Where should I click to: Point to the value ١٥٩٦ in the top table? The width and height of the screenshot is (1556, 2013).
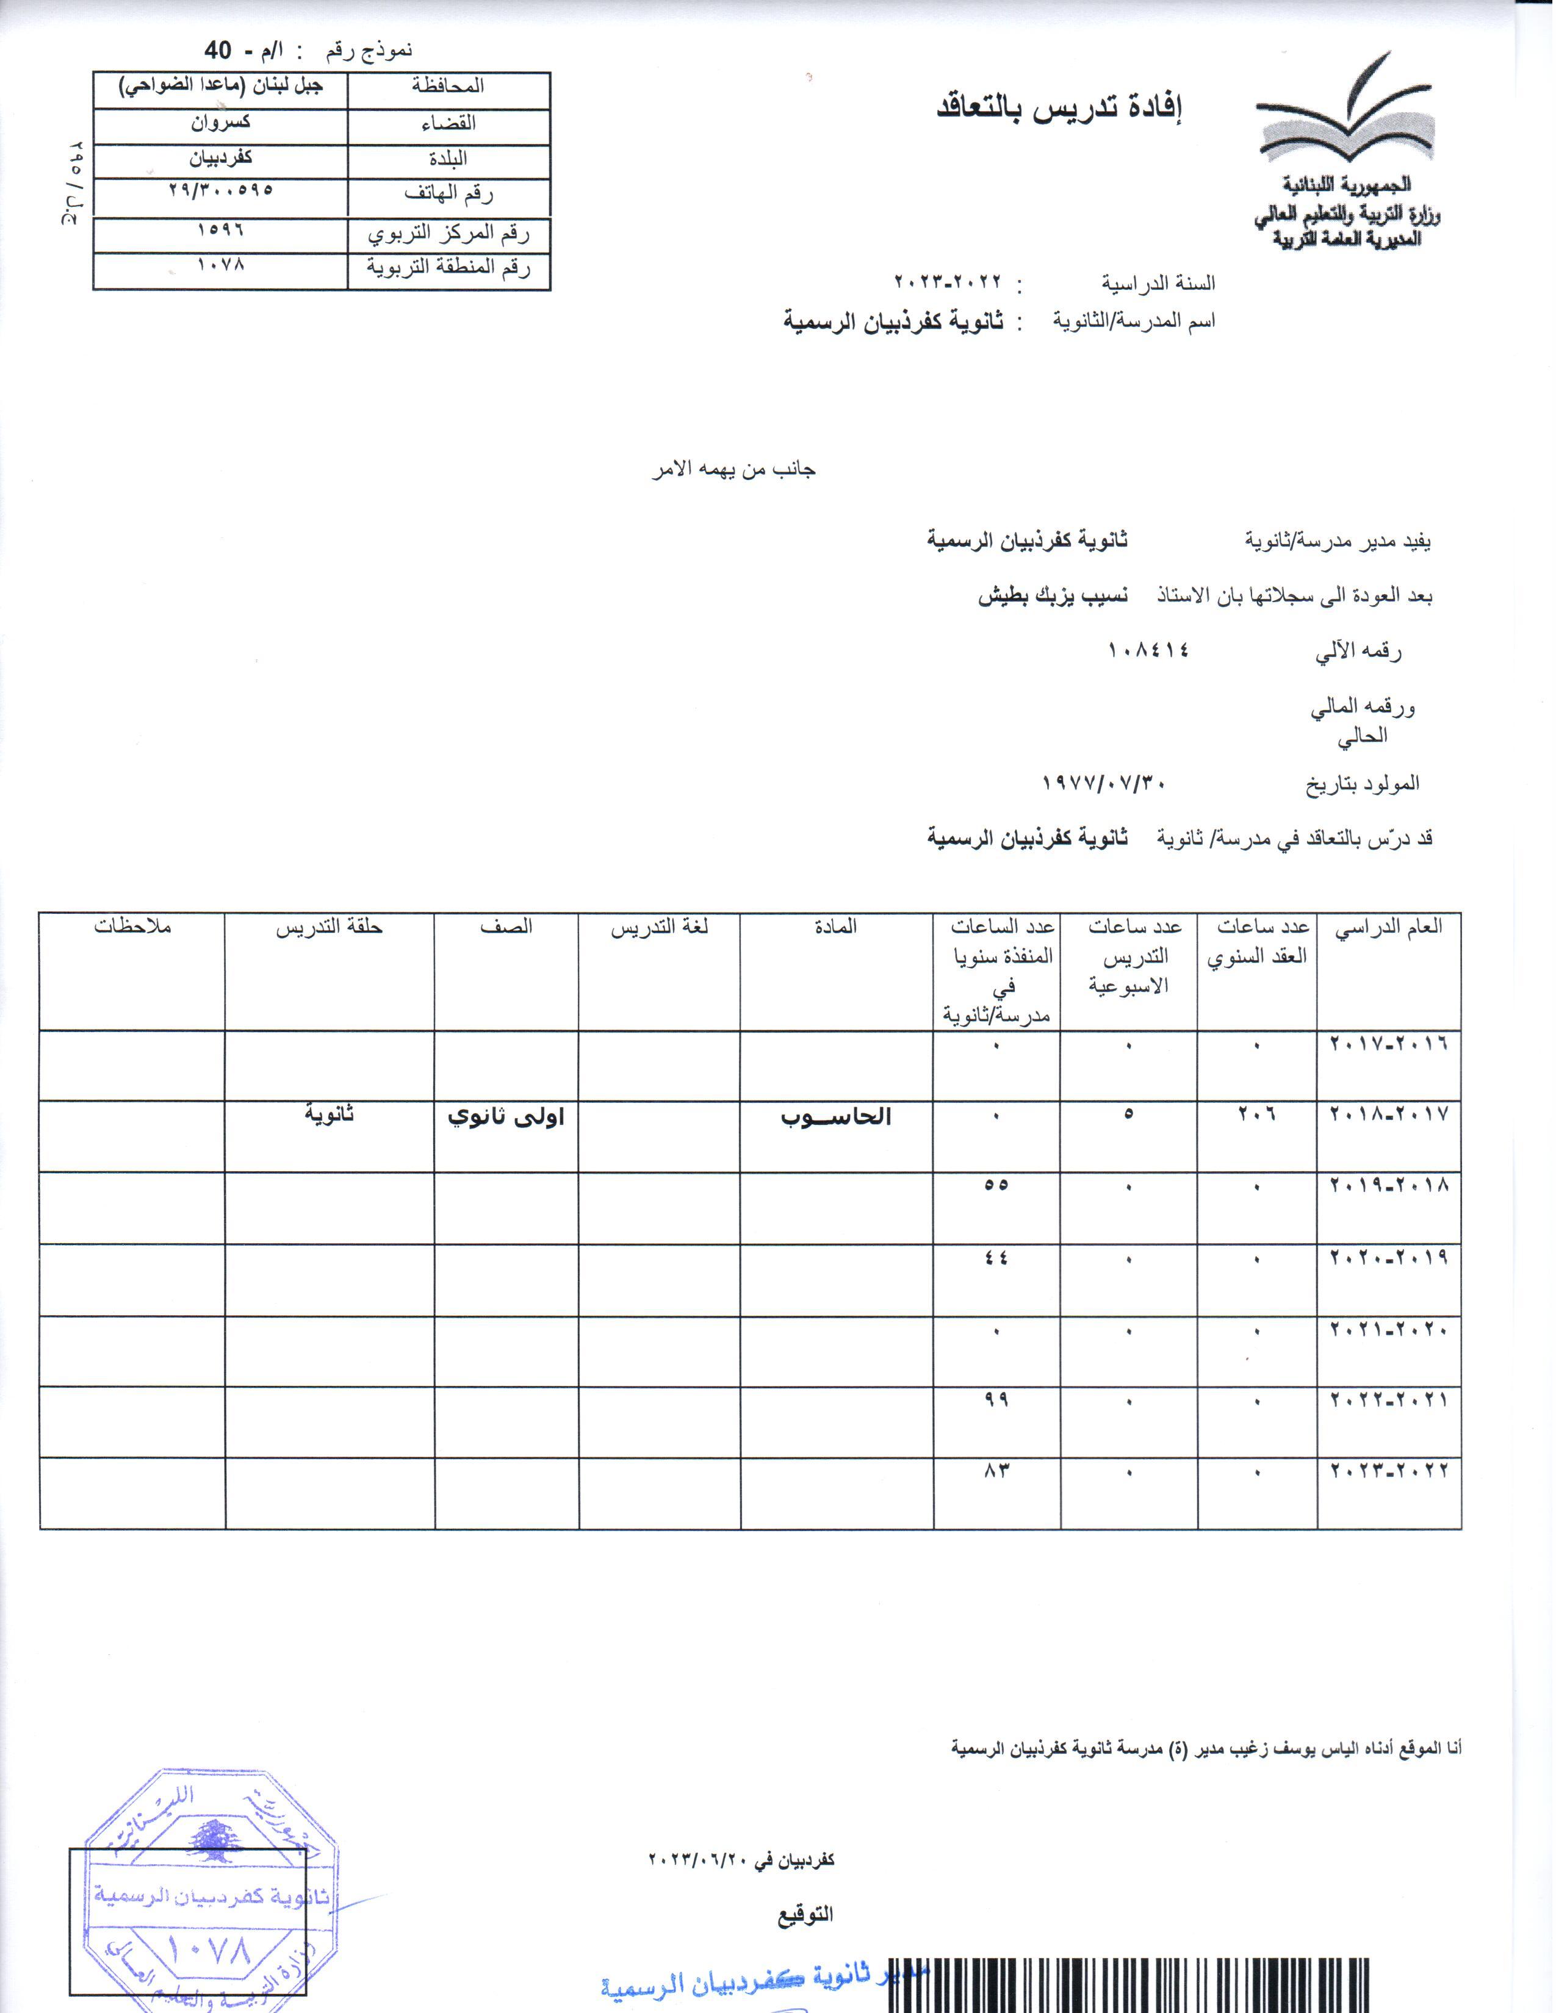(222, 229)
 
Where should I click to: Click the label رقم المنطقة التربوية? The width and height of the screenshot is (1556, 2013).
(449, 268)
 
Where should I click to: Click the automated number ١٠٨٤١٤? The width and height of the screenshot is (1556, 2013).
(1148, 649)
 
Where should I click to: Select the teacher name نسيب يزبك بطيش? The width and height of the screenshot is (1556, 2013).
(1052, 595)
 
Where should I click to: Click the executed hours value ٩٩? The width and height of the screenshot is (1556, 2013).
(996, 1400)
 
